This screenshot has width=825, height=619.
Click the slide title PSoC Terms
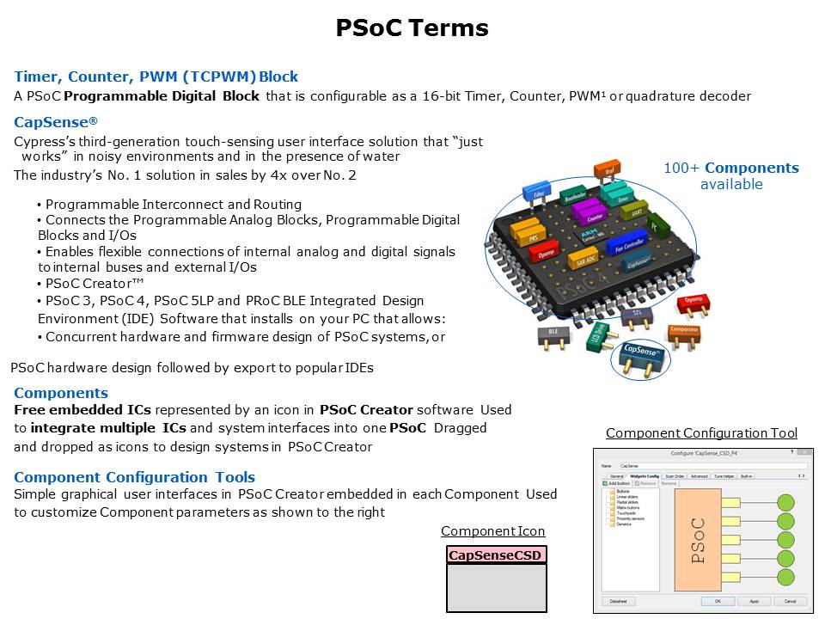pyautogui.click(x=412, y=28)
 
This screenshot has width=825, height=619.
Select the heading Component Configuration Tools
pyautogui.click(x=134, y=477)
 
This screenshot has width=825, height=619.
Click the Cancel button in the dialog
pyautogui.click(x=790, y=601)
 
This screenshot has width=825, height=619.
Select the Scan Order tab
pyautogui.click(x=674, y=475)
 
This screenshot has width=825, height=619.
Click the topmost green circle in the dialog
pyautogui.click(x=785, y=502)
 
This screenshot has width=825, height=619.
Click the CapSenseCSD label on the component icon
pyautogui.click(x=496, y=555)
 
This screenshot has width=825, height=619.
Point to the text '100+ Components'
pyautogui.click(x=730, y=169)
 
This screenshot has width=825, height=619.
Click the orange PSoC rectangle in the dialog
pyautogui.click(x=697, y=540)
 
